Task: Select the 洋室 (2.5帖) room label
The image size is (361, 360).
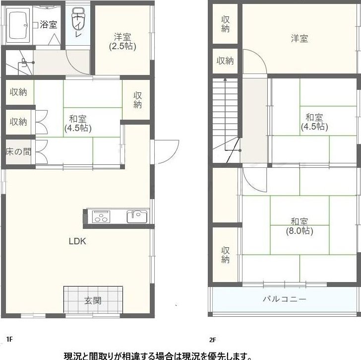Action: [x=122, y=42]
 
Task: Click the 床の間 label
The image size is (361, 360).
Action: [x=18, y=151]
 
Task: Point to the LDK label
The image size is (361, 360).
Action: [x=77, y=241]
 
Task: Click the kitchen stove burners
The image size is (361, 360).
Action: [x=101, y=216]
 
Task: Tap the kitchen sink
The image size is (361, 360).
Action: [x=137, y=216]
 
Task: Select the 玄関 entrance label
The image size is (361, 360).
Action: [x=93, y=300]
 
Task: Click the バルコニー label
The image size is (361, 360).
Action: [x=285, y=299]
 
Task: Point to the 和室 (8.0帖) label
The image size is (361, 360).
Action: [x=300, y=226]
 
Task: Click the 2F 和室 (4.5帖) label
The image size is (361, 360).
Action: [x=314, y=122]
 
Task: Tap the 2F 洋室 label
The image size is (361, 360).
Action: [x=300, y=39]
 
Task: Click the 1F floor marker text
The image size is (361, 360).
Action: [x=9, y=339]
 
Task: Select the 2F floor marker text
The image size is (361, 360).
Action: [x=213, y=340]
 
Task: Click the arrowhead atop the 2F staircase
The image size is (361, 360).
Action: [x=225, y=79]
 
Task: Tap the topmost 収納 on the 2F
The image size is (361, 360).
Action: [x=226, y=24]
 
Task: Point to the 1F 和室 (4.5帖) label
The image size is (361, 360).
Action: [x=78, y=124]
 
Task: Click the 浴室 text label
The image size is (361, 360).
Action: [x=49, y=24]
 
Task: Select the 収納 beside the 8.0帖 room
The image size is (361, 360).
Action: [x=226, y=255]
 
